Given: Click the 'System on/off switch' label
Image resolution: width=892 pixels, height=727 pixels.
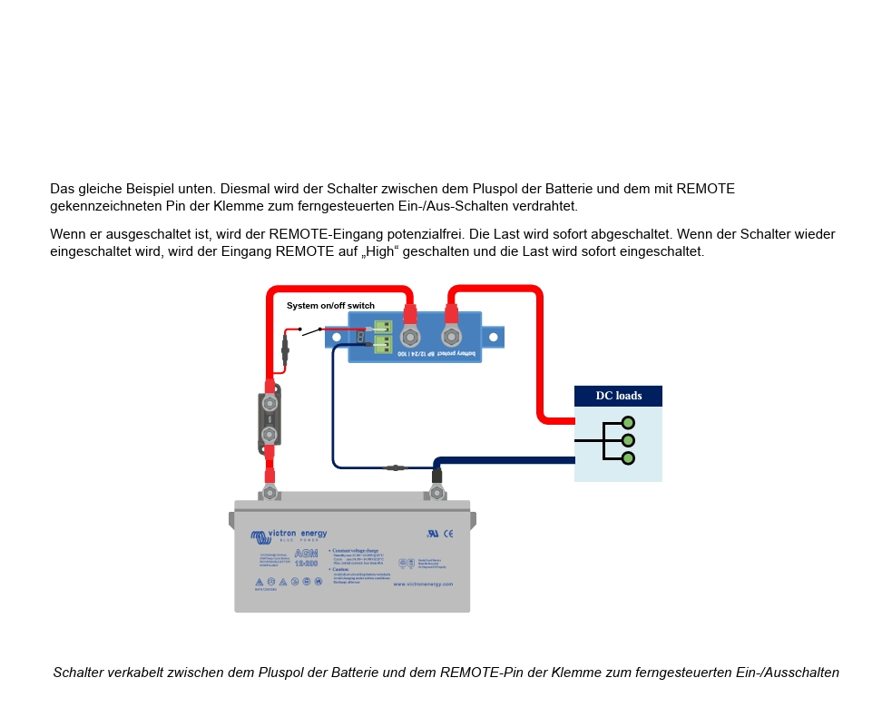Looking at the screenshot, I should point(330,306).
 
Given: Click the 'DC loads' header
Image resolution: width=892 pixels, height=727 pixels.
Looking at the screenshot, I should point(618,396).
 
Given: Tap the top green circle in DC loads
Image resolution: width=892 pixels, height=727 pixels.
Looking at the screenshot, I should point(628,423).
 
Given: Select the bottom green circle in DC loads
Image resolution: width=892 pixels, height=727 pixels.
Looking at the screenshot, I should point(628,458).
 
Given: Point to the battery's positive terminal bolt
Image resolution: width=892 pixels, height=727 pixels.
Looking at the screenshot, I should point(270,493).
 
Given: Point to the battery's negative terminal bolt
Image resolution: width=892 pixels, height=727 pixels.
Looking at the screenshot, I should point(436,493).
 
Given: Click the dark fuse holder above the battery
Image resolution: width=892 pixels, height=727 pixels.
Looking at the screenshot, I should point(270,419).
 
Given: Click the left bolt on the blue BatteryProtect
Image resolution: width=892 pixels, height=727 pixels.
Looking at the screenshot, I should point(410,338).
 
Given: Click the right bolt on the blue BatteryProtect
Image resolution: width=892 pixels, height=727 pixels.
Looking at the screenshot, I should point(451,337).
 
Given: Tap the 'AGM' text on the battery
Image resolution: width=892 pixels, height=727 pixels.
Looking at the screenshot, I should point(306,553).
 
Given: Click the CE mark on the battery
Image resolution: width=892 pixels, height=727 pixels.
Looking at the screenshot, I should point(448,534).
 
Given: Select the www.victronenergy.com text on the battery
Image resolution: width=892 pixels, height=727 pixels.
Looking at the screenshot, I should point(423,584).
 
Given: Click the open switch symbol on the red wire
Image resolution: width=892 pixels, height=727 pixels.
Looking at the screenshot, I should point(310,331).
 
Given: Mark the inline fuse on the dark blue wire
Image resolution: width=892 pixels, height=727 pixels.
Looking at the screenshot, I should point(395,468).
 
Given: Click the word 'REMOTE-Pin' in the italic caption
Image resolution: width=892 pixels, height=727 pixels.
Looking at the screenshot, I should point(475,673).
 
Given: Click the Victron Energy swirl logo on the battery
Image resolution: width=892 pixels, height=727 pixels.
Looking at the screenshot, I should point(259,537).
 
